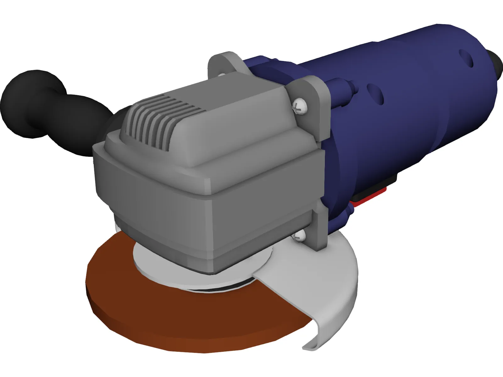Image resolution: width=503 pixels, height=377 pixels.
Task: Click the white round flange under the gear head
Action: point(157,270)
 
